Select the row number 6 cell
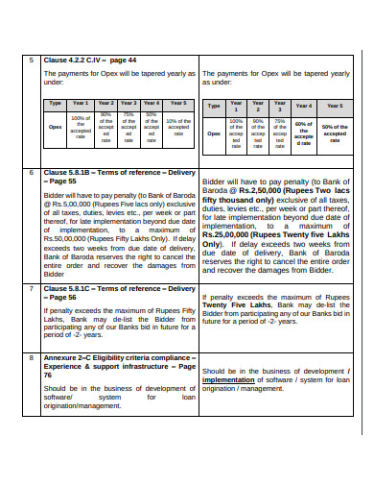(x=32, y=172)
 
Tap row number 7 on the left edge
(x=32, y=288)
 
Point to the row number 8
(x=32, y=354)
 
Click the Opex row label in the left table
(x=56, y=125)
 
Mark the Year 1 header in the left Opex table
(x=81, y=102)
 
